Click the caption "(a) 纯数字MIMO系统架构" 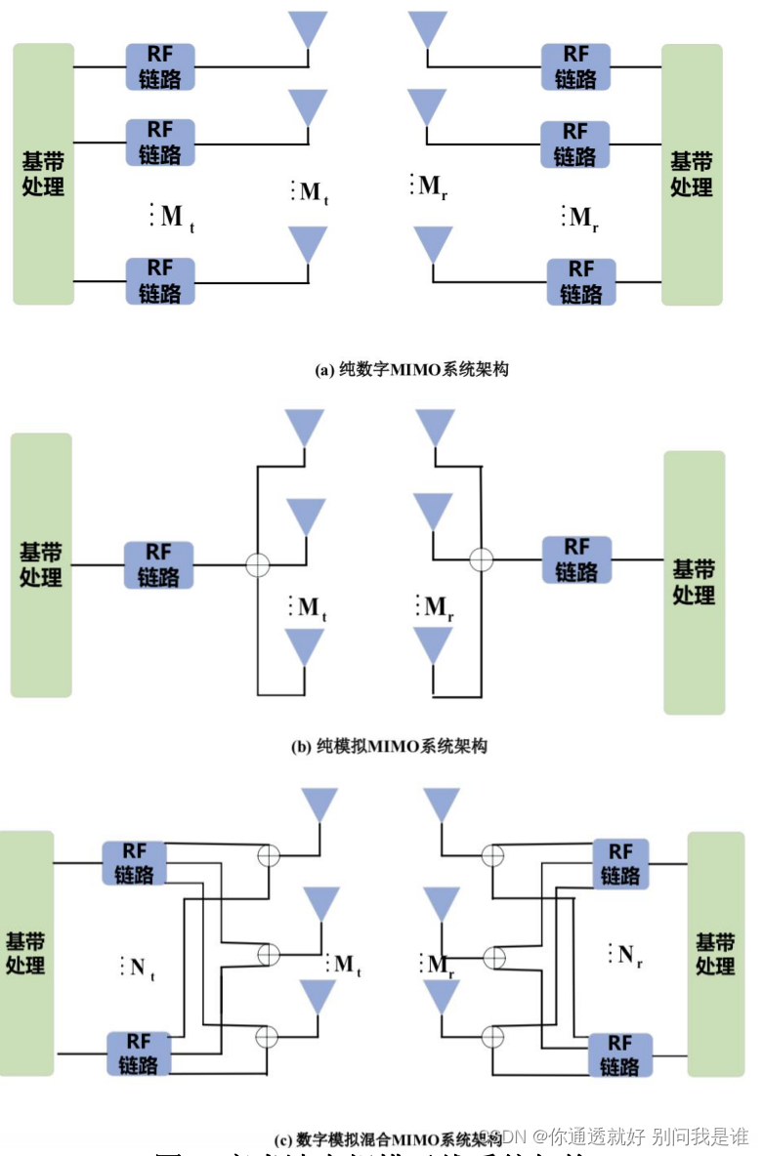point(411,370)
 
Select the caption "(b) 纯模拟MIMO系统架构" point(389,747)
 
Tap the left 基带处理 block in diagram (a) point(43,174)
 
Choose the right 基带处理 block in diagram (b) point(694,582)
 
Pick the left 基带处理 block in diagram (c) point(26,953)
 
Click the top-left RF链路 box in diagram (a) point(159,66)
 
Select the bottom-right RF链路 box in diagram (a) point(580,281)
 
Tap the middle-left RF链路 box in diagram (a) point(159,143)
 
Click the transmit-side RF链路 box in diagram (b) point(158,565)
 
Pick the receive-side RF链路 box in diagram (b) point(576,559)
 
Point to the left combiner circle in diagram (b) point(257,564)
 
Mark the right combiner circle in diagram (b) point(481,559)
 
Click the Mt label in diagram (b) point(312,608)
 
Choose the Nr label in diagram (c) point(629,955)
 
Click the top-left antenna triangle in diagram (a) point(308,28)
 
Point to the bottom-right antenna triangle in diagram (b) point(433,645)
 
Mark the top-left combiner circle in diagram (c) point(267,855)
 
